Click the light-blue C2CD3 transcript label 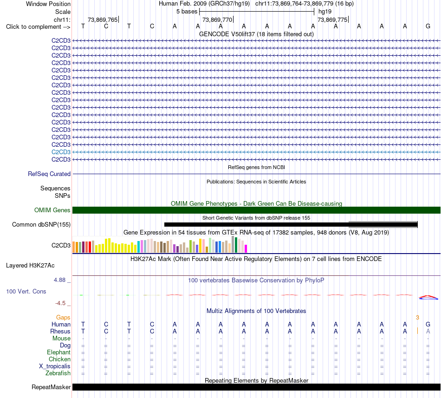pyautogui.click(x=61, y=152)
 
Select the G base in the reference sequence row pyautogui.click(x=428, y=26)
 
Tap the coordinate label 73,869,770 pyautogui.click(x=217, y=20)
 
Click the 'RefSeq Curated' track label pyautogui.click(x=49, y=174)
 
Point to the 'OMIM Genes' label pyautogui.click(x=52, y=210)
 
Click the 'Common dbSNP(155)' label pyautogui.click(x=41, y=224)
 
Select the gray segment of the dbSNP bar pyautogui.click(x=383, y=224)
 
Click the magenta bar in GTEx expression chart pyautogui.click(x=246, y=248)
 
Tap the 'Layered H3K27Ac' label pyautogui.click(x=30, y=266)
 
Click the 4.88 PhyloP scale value pyautogui.click(x=59, y=280)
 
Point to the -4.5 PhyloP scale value pyautogui.click(x=60, y=303)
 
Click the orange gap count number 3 pyautogui.click(x=417, y=318)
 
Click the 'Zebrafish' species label pyautogui.click(x=58, y=373)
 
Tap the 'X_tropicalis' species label pyautogui.click(x=55, y=366)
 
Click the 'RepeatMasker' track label pyautogui.click(x=51, y=387)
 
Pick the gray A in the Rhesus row pyautogui.click(x=428, y=331)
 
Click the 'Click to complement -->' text pyautogui.click(x=38, y=27)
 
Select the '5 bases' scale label pyautogui.click(x=187, y=12)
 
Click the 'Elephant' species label pyautogui.click(x=58, y=352)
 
